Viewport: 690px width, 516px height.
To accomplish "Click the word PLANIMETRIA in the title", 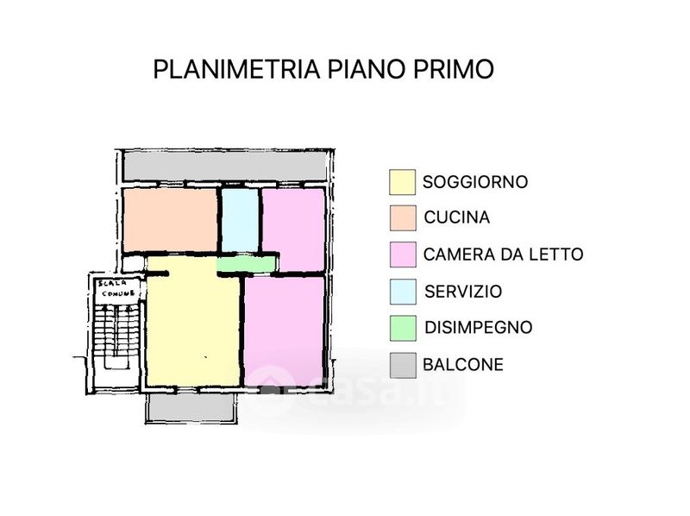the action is [236, 69].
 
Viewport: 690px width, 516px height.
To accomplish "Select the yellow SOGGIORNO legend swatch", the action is [402, 182].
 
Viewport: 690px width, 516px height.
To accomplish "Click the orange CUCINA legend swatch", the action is [403, 218].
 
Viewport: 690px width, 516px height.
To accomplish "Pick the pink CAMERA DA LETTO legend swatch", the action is [403, 255].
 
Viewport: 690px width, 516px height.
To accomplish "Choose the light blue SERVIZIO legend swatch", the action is [403, 292].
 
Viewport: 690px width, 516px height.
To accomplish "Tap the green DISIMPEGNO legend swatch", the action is [403, 328].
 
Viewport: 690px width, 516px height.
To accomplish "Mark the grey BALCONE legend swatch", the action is [403, 365].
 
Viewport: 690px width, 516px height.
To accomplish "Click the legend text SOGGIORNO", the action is [475, 182].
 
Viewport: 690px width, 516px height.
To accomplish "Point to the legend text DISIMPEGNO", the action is [479, 328].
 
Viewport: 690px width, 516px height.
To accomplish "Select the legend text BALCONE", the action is [463, 364].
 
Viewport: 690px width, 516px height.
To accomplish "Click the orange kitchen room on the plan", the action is [170, 220].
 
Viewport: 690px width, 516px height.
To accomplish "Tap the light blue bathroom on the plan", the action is [240, 220].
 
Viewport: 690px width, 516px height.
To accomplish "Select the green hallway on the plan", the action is [246, 264].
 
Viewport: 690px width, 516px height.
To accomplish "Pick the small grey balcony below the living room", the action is [191, 406].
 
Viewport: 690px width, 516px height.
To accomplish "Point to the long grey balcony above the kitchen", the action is [224, 166].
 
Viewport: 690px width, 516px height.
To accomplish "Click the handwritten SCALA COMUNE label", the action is [117, 288].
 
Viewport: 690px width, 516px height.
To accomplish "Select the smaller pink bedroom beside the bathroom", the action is [293, 230].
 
